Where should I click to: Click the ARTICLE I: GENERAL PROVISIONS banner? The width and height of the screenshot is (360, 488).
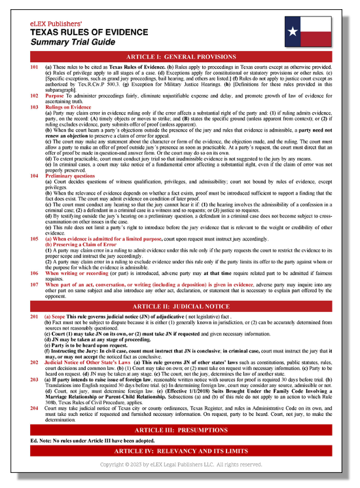tap(179, 57)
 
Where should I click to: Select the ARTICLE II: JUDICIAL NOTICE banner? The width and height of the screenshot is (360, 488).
tap(179, 306)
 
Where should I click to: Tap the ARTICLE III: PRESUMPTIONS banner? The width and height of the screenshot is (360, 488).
tap(179, 430)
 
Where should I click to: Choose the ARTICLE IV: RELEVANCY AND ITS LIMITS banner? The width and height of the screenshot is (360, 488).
tap(179, 453)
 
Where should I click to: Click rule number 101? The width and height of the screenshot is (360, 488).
tap(34, 67)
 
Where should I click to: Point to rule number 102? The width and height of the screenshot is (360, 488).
tap(34, 96)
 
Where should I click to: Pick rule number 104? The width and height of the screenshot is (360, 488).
tap(34, 176)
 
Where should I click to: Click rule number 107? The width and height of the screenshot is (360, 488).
tap(34, 285)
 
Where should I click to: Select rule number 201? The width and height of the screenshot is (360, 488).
tap(34, 316)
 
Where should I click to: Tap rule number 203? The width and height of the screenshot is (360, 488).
tap(34, 380)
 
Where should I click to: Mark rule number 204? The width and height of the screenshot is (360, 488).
tap(34, 407)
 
